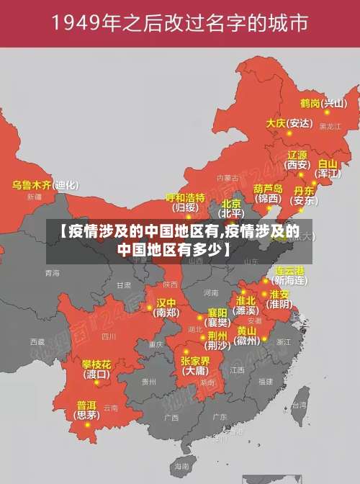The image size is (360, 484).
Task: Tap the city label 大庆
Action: pyautogui.click(x=276, y=123)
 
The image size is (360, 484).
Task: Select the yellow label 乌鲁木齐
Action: pyautogui.click(x=32, y=185)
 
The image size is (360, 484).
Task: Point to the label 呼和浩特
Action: pyautogui.click(x=185, y=197)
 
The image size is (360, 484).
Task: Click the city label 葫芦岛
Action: pyautogui.click(x=266, y=188)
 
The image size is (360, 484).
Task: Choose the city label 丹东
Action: pyautogui.click(x=304, y=191)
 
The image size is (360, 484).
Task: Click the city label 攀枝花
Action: pyautogui.click(x=96, y=364)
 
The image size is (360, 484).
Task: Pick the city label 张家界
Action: pyautogui.click(x=194, y=361)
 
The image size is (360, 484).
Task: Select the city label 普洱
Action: pyautogui.click(x=86, y=405)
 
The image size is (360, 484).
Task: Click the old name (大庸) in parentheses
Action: pyautogui.click(x=194, y=372)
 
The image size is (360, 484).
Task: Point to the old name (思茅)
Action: pyautogui.click(x=87, y=415)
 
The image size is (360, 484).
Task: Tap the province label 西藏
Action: pyautogui.click(x=37, y=341)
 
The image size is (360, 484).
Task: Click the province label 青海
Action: pyautogui.click(x=52, y=273)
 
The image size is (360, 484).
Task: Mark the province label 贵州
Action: pyautogui.click(x=148, y=381)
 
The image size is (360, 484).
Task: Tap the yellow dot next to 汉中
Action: pyautogui.click(x=149, y=307)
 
